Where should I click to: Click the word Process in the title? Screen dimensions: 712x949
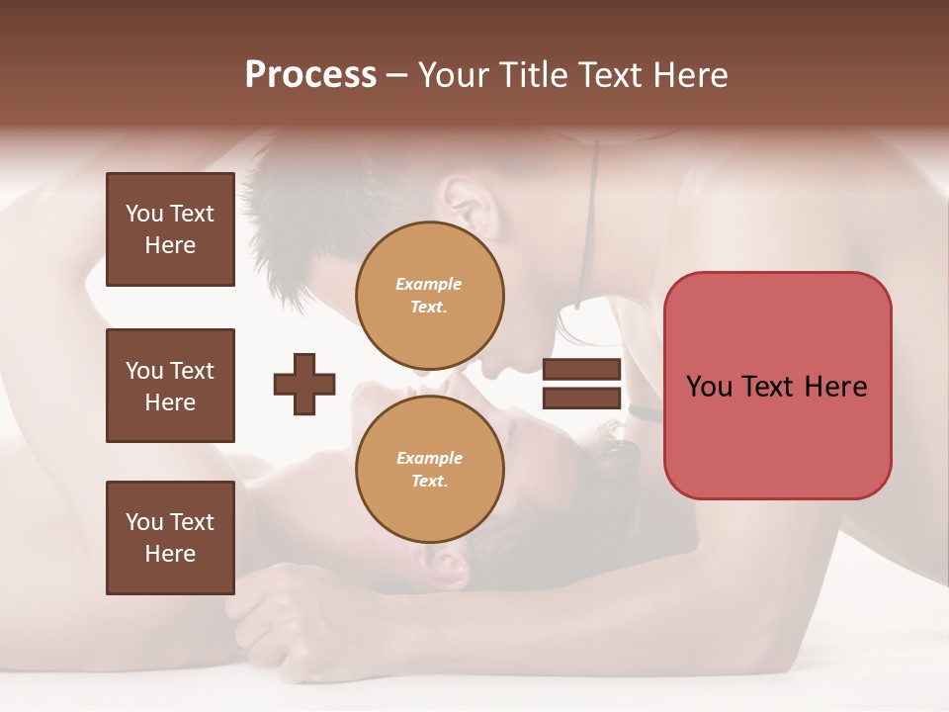click(x=310, y=75)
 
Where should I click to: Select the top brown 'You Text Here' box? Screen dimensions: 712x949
click(x=170, y=229)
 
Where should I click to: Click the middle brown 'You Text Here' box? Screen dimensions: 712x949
click(x=170, y=386)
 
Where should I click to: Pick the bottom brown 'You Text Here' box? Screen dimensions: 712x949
click(x=170, y=538)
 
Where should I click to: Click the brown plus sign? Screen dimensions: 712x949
click(x=304, y=384)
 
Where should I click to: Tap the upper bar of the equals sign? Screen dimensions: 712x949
click(x=581, y=370)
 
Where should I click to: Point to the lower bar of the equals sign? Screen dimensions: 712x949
click(x=581, y=399)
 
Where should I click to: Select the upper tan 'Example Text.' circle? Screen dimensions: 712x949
click(x=429, y=296)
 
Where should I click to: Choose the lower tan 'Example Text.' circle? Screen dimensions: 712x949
click(x=429, y=469)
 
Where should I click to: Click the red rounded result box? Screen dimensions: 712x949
click(x=777, y=386)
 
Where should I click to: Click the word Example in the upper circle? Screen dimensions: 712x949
click(x=428, y=284)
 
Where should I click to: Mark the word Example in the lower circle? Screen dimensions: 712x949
click(x=428, y=458)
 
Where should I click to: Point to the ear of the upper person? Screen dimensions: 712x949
click(x=473, y=204)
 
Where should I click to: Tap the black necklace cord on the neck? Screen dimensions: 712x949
click(x=591, y=227)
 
